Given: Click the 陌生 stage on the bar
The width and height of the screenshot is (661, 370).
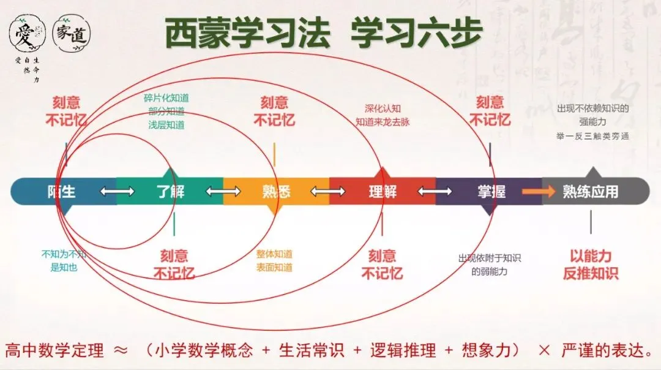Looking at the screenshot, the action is click(x=61, y=192).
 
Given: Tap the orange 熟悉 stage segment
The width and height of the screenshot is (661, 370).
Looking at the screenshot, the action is click(x=276, y=192).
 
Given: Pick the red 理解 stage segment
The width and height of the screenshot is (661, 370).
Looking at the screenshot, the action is click(x=382, y=192).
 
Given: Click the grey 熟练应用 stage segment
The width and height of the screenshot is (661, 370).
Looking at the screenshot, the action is click(x=591, y=192).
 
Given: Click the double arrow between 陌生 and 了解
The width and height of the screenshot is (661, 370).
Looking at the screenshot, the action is click(x=117, y=192).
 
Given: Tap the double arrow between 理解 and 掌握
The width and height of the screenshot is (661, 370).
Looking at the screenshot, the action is click(x=435, y=192).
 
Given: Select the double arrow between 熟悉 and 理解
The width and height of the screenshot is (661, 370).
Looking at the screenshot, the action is click(x=328, y=192).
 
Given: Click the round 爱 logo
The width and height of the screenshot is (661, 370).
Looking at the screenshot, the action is click(x=27, y=34).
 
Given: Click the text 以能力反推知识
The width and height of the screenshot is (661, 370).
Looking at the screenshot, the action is click(x=591, y=265).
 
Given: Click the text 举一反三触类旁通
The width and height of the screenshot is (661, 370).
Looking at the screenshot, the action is click(x=592, y=136).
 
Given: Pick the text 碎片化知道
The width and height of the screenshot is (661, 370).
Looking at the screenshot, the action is click(x=166, y=98).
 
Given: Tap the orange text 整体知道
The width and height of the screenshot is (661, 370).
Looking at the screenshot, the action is click(x=274, y=254).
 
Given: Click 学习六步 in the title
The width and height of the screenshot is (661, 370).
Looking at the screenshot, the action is click(x=416, y=34).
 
